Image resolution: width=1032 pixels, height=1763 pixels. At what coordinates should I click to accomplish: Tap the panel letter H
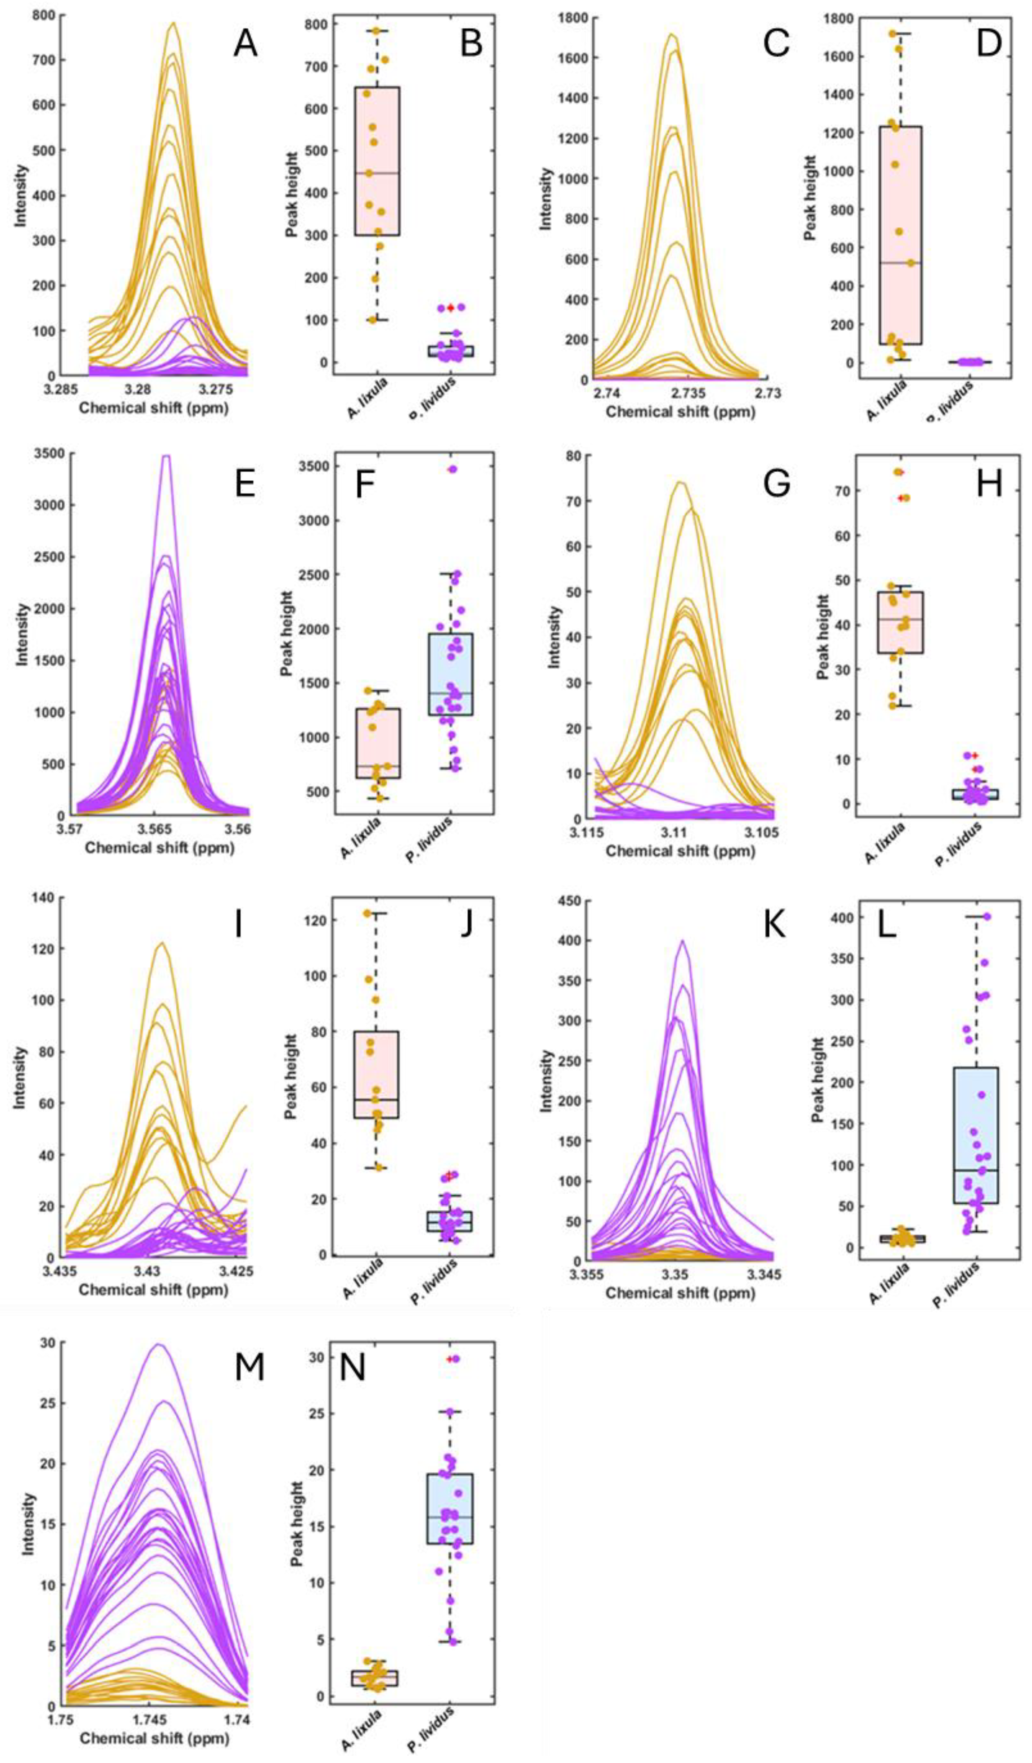(x=988, y=484)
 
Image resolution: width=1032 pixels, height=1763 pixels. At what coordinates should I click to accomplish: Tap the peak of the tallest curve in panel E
(x=166, y=455)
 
